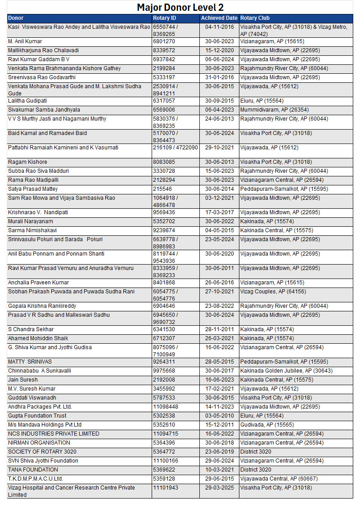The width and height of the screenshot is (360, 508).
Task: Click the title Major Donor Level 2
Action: (x=180, y=7)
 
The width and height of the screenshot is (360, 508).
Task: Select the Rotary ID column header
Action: (x=164, y=18)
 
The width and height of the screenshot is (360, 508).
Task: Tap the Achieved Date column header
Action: (x=219, y=18)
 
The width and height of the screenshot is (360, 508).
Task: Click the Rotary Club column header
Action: (x=255, y=18)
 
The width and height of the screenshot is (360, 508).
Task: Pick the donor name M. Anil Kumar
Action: (x=25, y=41)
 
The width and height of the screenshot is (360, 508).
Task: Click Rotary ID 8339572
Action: (x=164, y=50)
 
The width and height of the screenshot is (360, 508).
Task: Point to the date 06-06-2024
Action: (x=220, y=59)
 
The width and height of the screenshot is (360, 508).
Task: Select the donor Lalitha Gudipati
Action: (x=27, y=101)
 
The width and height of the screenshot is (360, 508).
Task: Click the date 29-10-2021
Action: (x=220, y=148)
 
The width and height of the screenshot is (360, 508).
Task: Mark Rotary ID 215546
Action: (x=162, y=189)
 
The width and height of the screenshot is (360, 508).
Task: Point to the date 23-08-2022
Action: (x=220, y=306)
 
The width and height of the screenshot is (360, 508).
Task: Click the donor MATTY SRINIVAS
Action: (x=30, y=362)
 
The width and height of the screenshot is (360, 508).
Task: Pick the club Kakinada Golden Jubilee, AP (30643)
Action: (x=287, y=371)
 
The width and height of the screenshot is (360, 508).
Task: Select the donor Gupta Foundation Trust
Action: (x=37, y=416)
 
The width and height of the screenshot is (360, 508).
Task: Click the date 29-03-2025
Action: (x=220, y=488)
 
